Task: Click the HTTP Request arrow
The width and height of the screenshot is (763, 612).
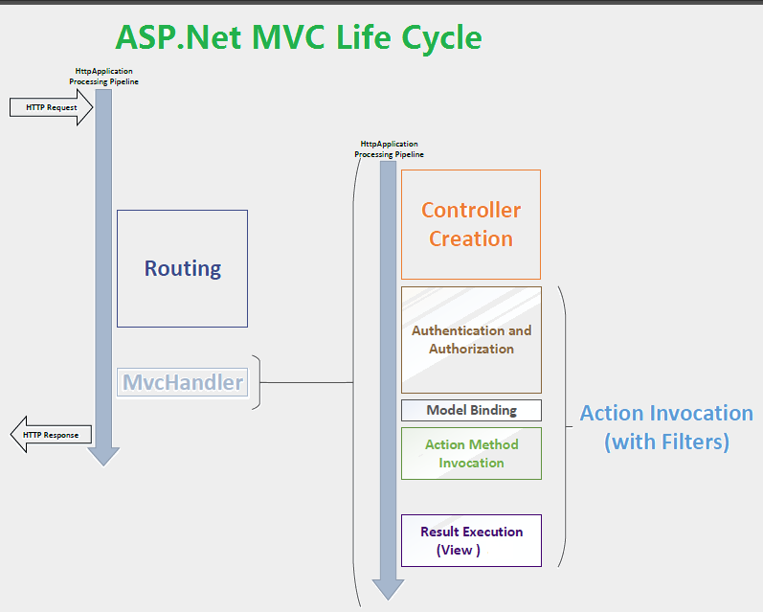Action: click(x=51, y=107)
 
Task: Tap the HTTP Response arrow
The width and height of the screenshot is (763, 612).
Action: click(x=51, y=434)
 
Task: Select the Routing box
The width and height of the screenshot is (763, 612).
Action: click(x=183, y=269)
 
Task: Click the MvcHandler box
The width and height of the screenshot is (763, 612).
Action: click(x=183, y=382)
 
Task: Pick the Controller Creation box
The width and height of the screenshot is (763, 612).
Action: click(x=471, y=224)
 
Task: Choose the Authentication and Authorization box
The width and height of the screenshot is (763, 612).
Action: click(x=471, y=340)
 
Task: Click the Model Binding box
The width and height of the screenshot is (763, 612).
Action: click(x=471, y=411)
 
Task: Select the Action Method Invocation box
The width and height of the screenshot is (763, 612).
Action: click(x=471, y=453)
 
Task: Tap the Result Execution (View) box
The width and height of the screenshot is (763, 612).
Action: click(x=471, y=540)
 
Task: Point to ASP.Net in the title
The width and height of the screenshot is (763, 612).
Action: click(x=179, y=37)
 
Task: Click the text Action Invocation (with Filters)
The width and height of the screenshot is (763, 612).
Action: click(x=666, y=427)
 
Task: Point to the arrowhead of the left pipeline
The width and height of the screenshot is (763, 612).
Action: click(x=103, y=457)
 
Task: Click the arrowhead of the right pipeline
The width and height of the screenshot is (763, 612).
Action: click(x=388, y=590)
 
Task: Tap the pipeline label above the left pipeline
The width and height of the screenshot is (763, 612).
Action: click(x=103, y=77)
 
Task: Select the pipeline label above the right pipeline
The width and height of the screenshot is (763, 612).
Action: click(x=389, y=149)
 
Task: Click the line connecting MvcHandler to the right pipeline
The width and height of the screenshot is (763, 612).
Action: click(x=306, y=383)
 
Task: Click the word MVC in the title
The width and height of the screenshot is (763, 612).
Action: click(x=288, y=37)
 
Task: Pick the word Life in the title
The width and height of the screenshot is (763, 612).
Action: click(x=364, y=37)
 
